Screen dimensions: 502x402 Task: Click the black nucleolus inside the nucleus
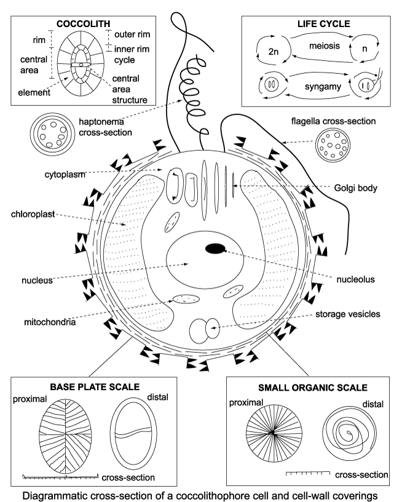(215, 249)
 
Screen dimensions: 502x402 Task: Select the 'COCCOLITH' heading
(81, 25)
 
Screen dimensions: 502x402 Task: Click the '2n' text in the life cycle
(275, 52)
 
